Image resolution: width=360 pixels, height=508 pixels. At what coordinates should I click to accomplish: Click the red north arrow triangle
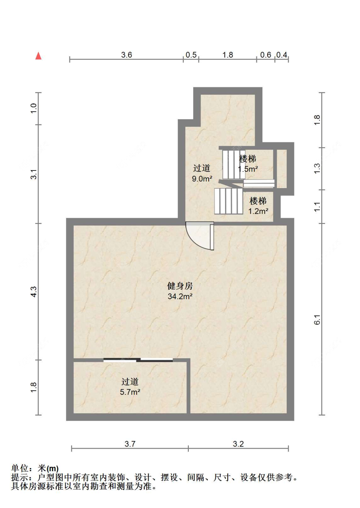click(38, 56)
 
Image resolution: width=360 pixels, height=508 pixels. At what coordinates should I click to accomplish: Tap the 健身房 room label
click(180, 286)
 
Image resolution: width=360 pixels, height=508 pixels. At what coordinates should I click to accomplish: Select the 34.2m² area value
click(180, 297)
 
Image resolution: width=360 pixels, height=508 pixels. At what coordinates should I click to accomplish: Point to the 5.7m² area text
click(130, 392)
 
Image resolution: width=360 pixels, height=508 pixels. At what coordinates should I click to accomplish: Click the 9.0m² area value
click(202, 179)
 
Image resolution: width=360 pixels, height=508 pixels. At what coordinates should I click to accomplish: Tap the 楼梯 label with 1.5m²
click(248, 159)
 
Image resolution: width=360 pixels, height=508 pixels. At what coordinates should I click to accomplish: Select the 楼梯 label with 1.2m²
click(258, 201)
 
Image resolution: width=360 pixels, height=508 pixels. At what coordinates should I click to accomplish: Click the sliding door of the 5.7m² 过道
click(138, 360)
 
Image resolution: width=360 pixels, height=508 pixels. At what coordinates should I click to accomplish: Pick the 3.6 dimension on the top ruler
click(126, 55)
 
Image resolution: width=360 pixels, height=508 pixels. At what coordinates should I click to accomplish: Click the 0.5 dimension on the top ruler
click(191, 55)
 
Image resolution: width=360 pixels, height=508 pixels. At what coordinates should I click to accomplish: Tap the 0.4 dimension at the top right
click(282, 55)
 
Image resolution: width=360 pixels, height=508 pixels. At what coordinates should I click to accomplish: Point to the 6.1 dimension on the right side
click(317, 319)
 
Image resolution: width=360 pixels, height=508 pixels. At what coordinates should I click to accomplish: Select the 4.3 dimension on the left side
click(34, 291)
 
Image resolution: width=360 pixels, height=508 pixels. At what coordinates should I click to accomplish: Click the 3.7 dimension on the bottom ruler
click(130, 444)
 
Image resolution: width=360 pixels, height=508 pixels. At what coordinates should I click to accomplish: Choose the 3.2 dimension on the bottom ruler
click(238, 444)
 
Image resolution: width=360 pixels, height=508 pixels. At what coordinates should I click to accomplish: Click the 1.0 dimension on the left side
click(34, 108)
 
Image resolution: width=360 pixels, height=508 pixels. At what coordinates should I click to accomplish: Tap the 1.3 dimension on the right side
click(317, 168)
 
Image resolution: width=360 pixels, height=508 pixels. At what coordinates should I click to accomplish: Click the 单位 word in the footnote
click(20, 468)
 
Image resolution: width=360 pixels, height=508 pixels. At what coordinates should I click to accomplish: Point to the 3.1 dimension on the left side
click(34, 174)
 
